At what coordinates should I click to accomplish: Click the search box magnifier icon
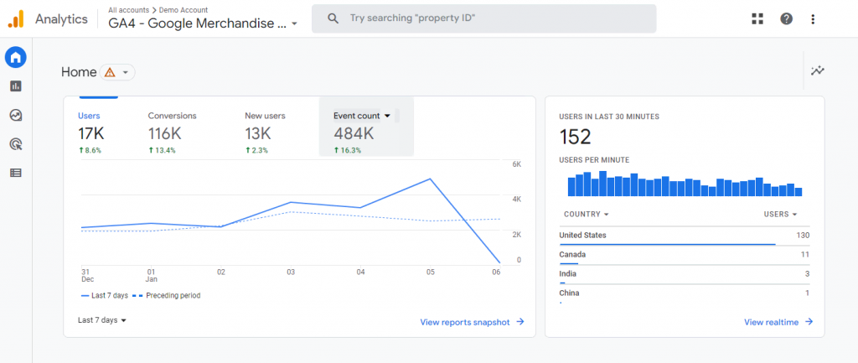(333, 18)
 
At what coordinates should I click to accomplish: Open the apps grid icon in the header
(757, 18)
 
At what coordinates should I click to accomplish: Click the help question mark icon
(786, 18)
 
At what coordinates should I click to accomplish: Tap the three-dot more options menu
(813, 18)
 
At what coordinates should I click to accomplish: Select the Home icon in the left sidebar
(15, 57)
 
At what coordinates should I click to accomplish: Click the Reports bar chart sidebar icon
(15, 86)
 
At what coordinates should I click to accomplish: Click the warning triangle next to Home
(110, 73)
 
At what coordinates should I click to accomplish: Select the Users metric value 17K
(90, 133)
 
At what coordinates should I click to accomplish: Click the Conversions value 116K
(164, 133)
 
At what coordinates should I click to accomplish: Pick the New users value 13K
(258, 133)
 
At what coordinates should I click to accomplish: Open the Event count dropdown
(386, 116)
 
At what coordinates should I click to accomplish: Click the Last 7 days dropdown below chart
(102, 320)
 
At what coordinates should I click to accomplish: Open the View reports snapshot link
(472, 322)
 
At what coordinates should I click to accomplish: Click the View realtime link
(778, 322)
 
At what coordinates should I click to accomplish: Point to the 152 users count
(574, 137)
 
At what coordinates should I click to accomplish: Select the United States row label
(582, 236)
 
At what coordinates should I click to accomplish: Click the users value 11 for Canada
(804, 254)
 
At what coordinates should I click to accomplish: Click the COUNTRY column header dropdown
(586, 215)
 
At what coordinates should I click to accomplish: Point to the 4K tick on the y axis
(517, 200)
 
